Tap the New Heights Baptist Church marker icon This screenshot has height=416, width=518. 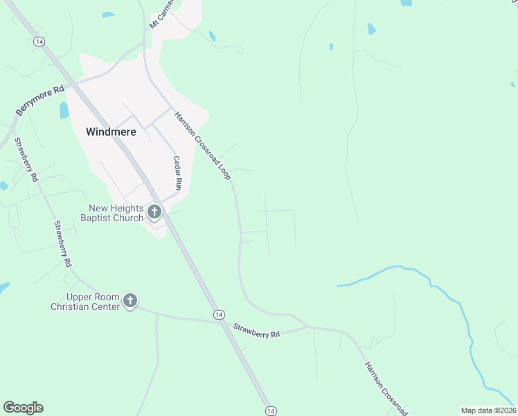154,212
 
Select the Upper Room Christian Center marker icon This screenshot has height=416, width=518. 130,301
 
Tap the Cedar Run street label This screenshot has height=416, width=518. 177,173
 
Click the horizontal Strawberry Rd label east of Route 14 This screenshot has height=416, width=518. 256,331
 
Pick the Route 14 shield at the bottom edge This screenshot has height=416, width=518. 270,411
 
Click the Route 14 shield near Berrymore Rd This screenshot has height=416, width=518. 39,42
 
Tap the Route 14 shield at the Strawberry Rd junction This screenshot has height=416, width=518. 219,314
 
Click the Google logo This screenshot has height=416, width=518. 23,408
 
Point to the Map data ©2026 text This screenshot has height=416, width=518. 488,410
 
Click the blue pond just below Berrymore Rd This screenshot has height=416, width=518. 64,110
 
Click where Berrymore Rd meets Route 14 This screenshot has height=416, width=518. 78,81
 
